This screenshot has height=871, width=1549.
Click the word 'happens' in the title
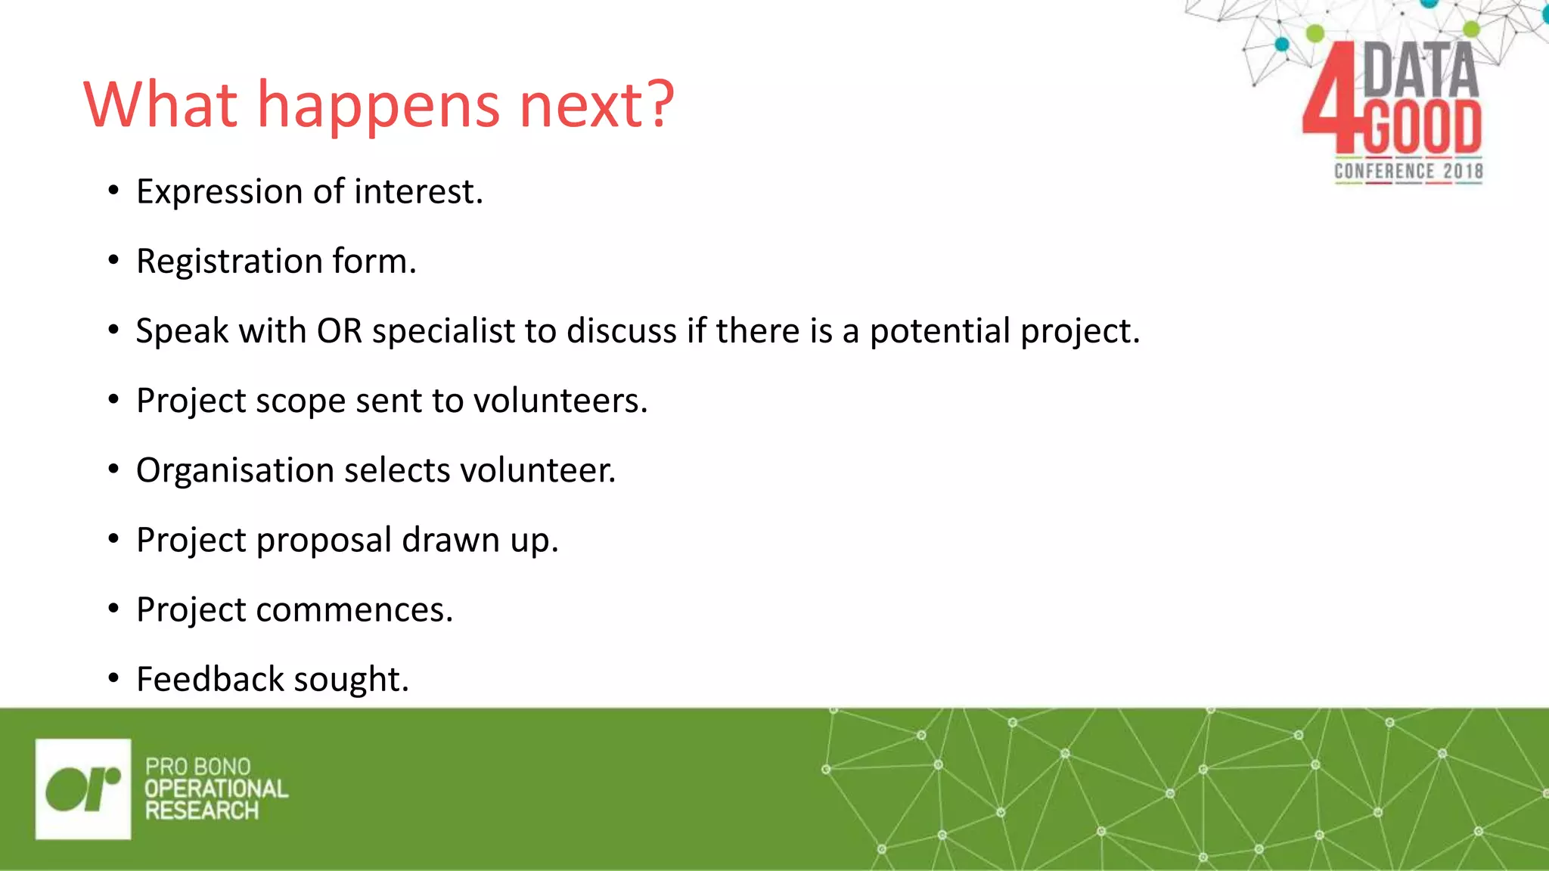point(378,106)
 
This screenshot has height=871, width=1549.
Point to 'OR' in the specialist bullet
point(340,331)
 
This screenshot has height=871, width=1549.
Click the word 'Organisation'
point(235,471)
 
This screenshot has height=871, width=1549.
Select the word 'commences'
point(352,610)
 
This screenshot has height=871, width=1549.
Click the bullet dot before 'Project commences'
point(113,609)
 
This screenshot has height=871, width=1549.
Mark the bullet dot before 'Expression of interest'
point(113,191)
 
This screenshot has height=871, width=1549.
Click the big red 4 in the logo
point(1330,98)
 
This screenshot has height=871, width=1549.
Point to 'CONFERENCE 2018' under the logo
point(1408,172)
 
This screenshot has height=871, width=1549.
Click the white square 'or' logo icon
point(83,789)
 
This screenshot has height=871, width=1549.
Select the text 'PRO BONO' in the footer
point(198,767)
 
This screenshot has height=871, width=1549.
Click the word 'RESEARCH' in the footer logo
point(202,811)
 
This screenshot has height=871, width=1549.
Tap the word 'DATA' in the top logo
point(1420,70)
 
